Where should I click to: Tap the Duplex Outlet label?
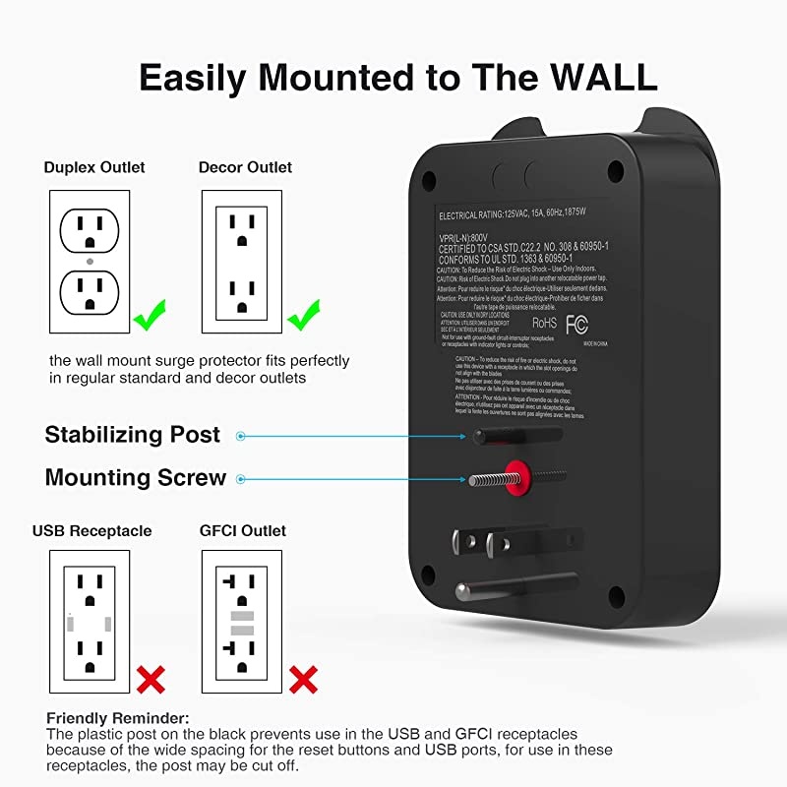pos(94,167)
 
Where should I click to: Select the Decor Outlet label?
pos(245,167)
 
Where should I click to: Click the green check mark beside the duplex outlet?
pos(150,318)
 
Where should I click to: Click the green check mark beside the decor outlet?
pos(303,318)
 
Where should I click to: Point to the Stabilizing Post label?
pos(133,435)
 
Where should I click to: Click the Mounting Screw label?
pos(136,478)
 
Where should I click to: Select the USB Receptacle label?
pos(92,531)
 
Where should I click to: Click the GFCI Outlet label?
pos(243,531)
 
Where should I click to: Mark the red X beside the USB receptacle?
pos(150,678)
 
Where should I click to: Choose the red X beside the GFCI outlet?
pos(303,678)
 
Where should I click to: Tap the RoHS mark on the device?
pos(545,322)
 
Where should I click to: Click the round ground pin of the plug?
pos(512,588)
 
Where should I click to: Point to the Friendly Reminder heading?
pos(118,718)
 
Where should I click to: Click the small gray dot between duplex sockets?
pos(90,262)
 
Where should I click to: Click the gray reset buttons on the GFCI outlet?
pos(242,622)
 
